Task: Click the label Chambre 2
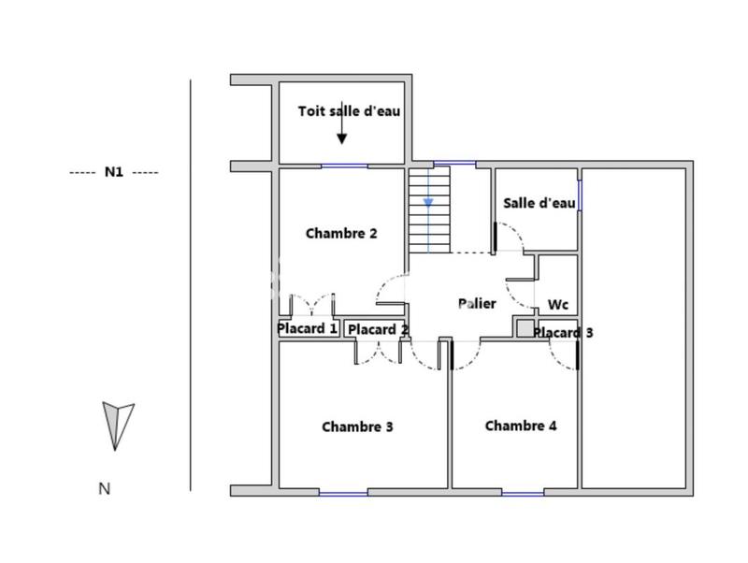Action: tap(341, 234)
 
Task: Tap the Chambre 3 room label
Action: tap(357, 426)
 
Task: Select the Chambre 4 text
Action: tap(521, 426)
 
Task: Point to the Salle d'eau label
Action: tap(539, 203)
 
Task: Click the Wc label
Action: tap(558, 305)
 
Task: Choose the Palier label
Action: tap(477, 303)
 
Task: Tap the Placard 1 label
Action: tap(308, 328)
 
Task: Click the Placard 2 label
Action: tap(378, 329)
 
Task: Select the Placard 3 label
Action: tap(564, 332)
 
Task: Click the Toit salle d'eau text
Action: tap(349, 111)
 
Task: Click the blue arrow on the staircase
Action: tap(428, 200)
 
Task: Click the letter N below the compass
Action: tap(104, 488)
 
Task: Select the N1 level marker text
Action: tap(114, 172)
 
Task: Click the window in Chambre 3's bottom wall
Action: tap(343, 492)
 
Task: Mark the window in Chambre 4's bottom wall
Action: tap(523, 492)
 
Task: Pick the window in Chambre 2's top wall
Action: tap(344, 166)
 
